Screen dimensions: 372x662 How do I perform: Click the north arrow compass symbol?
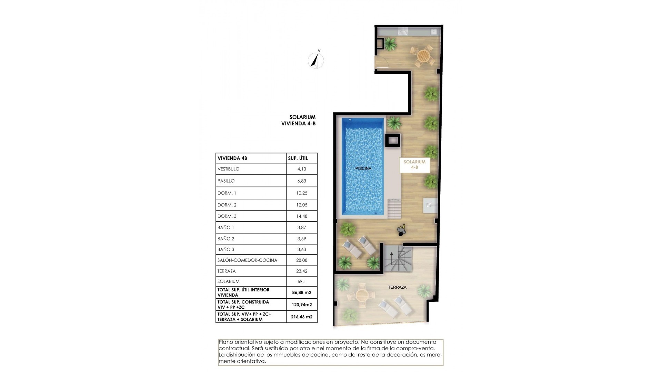pyautogui.click(x=315, y=61)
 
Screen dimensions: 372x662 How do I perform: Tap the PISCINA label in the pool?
pyautogui.click(x=363, y=168)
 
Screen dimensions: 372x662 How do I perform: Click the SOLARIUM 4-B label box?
pyautogui.click(x=414, y=165)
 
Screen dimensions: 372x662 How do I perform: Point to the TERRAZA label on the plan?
pyautogui.click(x=397, y=287)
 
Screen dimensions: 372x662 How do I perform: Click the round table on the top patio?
pyautogui.click(x=423, y=55)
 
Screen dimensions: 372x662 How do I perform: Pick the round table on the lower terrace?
pyautogui.click(x=362, y=295)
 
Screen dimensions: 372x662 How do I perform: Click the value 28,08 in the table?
pyautogui.click(x=301, y=260)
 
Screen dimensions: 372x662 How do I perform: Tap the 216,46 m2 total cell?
pyautogui.click(x=301, y=317)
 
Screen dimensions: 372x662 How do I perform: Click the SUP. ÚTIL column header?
pyautogui.click(x=298, y=158)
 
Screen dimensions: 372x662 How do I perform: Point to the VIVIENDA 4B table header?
pyautogui.click(x=232, y=158)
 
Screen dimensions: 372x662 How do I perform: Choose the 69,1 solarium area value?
pyautogui.click(x=301, y=281)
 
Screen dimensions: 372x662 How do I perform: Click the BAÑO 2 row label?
pyautogui.click(x=226, y=238)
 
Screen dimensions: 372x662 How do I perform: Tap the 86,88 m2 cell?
pyautogui.click(x=301, y=292)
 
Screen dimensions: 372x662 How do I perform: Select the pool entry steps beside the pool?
pyautogui.click(x=394, y=208)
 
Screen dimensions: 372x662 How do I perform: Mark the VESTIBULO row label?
pyautogui.click(x=228, y=169)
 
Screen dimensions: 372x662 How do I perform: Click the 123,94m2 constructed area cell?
pyautogui.click(x=301, y=304)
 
